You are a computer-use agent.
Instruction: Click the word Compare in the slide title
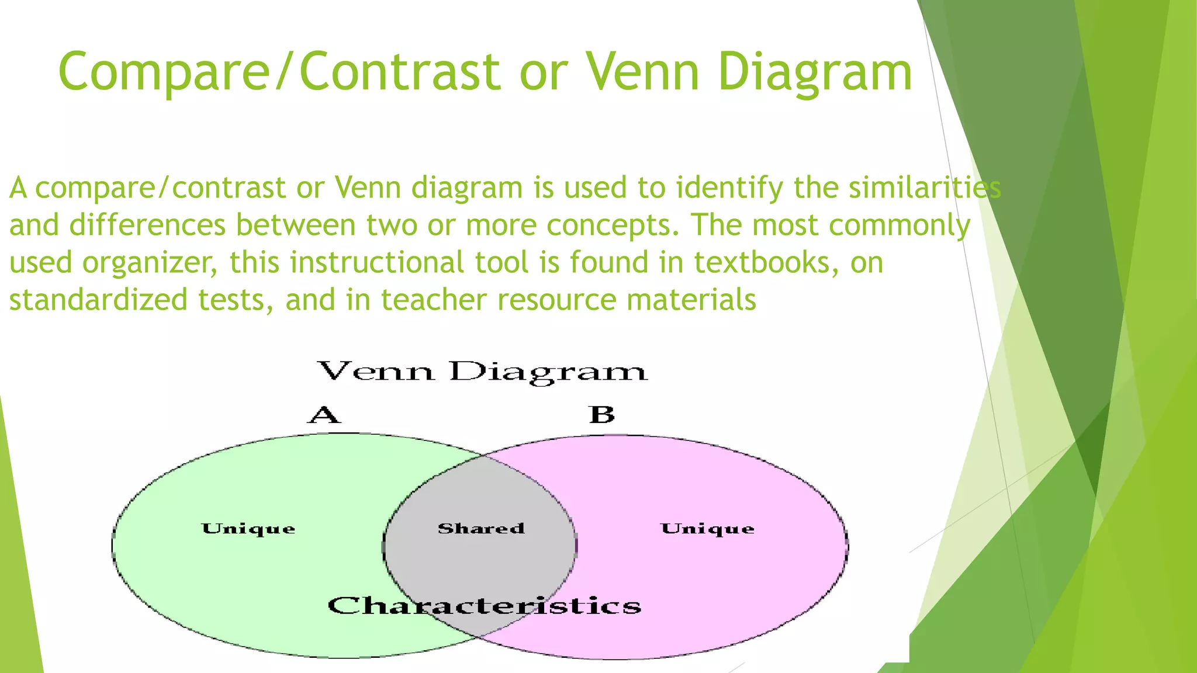click(x=164, y=72)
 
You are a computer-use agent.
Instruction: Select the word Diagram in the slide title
click(x=815, y=72)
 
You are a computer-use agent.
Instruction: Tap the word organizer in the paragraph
click(x=150, y=263)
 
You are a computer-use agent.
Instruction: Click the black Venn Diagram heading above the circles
click(x=482, y=372)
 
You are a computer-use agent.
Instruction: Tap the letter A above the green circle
click(x=324, y=415)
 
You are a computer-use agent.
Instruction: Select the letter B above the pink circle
click(x=602, y=415)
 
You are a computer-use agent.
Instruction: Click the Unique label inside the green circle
click(x=248, y=529)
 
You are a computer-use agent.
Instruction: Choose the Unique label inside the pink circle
click(x=707, y=529)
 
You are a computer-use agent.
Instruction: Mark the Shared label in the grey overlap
click(x=481, y=529)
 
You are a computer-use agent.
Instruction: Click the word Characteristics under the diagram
click(x=484, y=606)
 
